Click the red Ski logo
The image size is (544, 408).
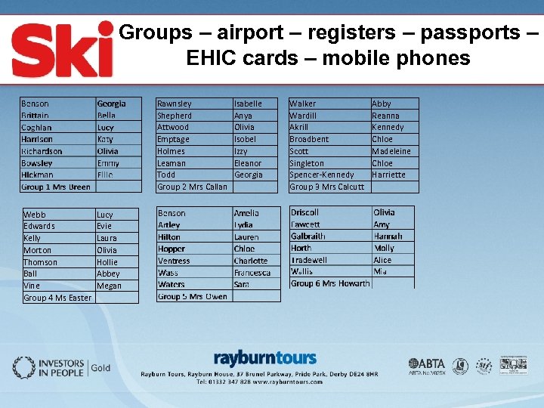pyautogui.click(x=62, y=49)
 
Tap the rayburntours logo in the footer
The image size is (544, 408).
pyautogui.click(x=264, y=358)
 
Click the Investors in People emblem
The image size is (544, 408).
pyautogui.click(x=23, y=368)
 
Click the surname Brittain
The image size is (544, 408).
pyautogui.click(x=36, y=116)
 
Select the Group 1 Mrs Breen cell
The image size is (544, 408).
pyautogui.click(x=56, y=187)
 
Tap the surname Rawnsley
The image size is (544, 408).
pyautogui.click(x=175, y=104)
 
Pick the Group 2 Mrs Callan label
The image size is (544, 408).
pyautogui.click(x=192, y=187)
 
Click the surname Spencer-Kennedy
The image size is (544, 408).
pyautogui.click(x=322, y=175)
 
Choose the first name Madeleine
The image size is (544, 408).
pyautogui.click(x=391, y=151)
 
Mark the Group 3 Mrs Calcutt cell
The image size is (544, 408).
pyautogui.click(x=327, y=187)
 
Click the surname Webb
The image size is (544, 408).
pyautogui.click(x=35, y=215)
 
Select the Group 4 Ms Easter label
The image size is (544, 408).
pyautogui.click(x=57, y=298)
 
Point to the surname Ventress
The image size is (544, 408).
pyautogui.click(x=174, y=261)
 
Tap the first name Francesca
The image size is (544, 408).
pyautogui.click(x=252, y=273)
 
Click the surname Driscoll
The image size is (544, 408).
pyautogui.click(x=305, y=212)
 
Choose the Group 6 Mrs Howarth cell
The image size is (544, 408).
pyautogui.click(x=330, y=283)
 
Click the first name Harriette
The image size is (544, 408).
pyautogui.click(x=389, y=175)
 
